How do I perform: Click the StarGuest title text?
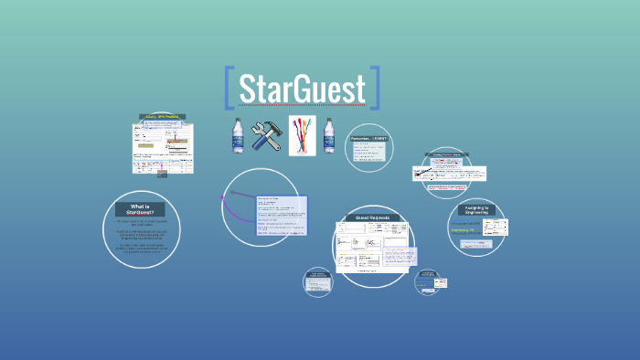pos(302,89)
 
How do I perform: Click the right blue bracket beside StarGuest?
pos(374,89)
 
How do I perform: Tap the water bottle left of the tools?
pos(237,135)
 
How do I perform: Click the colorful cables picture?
pos(302,136)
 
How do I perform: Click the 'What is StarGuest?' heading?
pos(141,209)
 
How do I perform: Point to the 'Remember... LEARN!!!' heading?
pos(368,138)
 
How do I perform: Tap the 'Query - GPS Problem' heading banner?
pos(163,117)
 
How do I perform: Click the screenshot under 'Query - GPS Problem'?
pos(163,146)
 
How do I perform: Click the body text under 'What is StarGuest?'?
pos(141,235)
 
